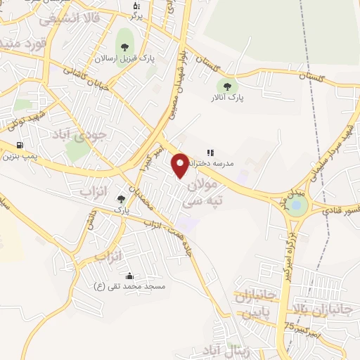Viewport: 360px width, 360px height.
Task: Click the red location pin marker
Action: click(x=181, y=165)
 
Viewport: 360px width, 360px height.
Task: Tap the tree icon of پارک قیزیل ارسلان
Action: click(x=124, y=48)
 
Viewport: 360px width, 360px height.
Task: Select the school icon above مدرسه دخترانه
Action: click(x=209, y=152)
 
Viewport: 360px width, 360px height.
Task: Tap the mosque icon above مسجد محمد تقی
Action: click(x=129, y=276)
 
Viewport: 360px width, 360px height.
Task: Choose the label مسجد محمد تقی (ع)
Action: click(x=129, y=286)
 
